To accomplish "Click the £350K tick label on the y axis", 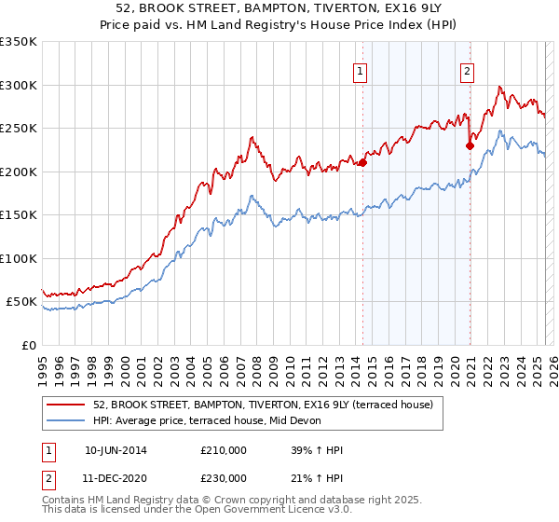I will pyautogui.click(x=19, y=42).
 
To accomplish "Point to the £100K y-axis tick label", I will pyautogui.click(x=19, y=258).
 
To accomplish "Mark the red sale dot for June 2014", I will pyautogui.click(x=362, y=163).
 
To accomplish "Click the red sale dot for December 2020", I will pyautogui.click(x=470, y=145).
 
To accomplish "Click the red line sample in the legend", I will pyautogui.click(x=65, y=405).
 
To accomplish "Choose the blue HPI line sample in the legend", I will pyautogui.click(x=65, y=420).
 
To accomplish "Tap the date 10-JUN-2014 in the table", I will pyautogui.click(x=116, y=450).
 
